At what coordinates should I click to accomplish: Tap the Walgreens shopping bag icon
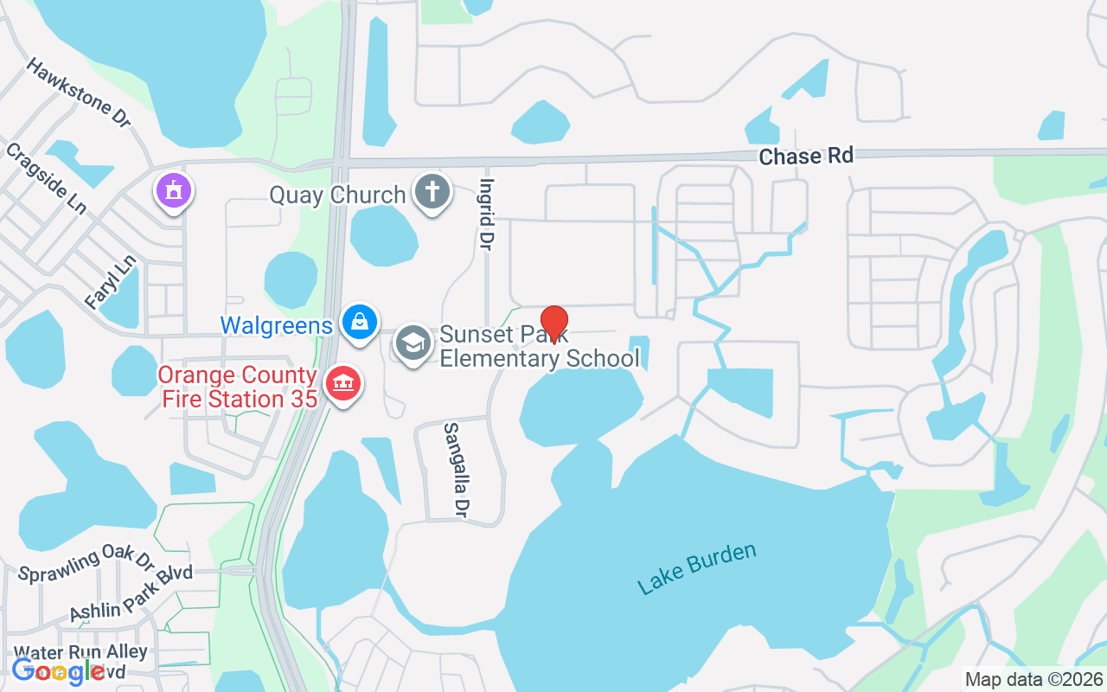click(x=360, y=323)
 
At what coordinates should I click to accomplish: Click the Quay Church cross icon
click(x=432, y=192)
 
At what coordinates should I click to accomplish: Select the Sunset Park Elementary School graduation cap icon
click(x=413, y=343)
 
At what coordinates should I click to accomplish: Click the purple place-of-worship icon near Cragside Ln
click(x=174, y=191)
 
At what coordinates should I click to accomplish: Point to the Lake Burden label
click(x=696, y=569)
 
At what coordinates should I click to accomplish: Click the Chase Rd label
click(x=806, y=156)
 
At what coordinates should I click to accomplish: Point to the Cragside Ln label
click(x=46, y=179)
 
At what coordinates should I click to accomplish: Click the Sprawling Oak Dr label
click(x=86, y=563)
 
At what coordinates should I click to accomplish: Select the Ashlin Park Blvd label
click(x=131, y=598)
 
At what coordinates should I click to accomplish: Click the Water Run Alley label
click(x=81, y=651)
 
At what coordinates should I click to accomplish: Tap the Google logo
click(x=59, y=671)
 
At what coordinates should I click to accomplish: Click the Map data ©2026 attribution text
click(x=1034, y=679)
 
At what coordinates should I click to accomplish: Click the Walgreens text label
click(x=276, y=325)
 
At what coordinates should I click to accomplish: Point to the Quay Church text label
click(x=337, y=195)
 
